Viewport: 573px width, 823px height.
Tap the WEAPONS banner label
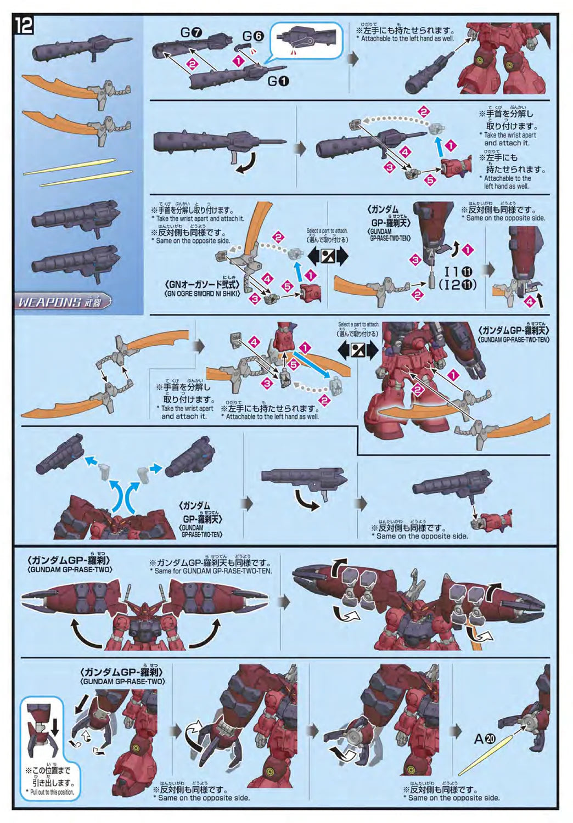click(64, 302)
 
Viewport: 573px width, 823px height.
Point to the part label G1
click(278, 81)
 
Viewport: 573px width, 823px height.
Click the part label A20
click(485, 739)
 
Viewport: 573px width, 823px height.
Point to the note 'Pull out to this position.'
click(49, 792)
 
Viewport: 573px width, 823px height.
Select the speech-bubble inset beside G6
click(307, 40)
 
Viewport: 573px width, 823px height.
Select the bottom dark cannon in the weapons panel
click(77, 257)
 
